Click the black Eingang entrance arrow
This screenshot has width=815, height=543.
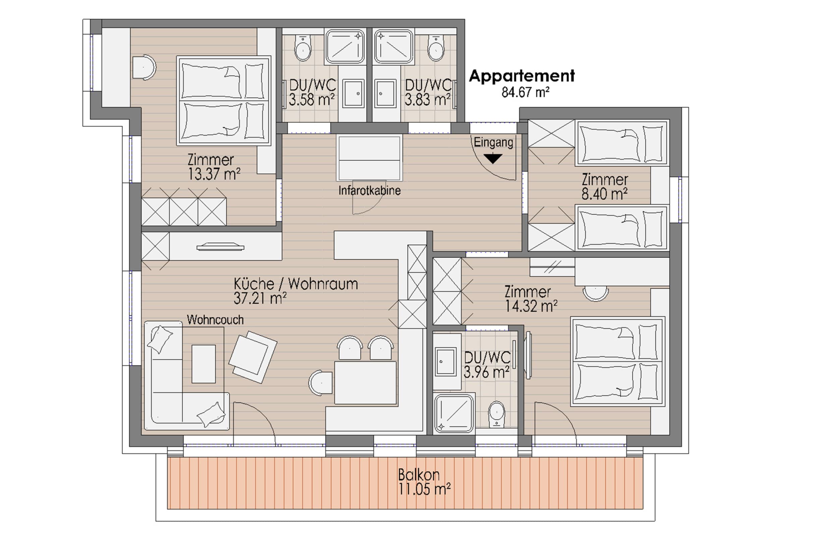[493, 159]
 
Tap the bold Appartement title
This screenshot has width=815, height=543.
[522, 76]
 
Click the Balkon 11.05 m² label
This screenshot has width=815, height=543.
[424, 482]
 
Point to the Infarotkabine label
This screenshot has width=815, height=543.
[369, 190]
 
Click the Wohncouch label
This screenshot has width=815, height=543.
[215, 320]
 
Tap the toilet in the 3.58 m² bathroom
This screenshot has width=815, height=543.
[303, 48]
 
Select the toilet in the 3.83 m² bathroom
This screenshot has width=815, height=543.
[436, 48]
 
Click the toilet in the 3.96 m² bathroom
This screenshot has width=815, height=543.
[497, 414]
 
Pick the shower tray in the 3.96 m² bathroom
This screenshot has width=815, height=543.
[454, 413]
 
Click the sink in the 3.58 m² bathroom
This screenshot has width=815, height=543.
[353, 94]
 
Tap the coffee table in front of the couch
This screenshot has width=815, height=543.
[204, 364]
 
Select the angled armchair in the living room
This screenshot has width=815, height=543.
[253, 357]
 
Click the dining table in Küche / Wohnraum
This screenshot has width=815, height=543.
[365, 383]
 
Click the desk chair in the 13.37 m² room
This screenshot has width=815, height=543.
[144, 67]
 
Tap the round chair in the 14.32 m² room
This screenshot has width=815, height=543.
[596, 293]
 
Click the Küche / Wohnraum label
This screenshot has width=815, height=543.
[295, 284]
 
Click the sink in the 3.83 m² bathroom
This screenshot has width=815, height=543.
[385, 94]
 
